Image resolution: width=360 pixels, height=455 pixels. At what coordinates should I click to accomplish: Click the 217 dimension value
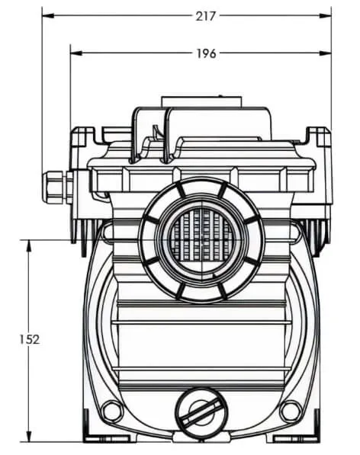coord(205,16)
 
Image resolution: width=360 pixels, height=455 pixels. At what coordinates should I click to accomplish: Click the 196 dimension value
coord(207,53)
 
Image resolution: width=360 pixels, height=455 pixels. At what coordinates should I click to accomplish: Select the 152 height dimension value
coord(29,339)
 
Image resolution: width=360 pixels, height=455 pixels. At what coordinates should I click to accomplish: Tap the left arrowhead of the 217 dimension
coord(48,16)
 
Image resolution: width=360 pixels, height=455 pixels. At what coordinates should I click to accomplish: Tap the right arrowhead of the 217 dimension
coord(326,16)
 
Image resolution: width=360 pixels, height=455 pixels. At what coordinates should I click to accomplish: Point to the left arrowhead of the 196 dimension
coord(76,53)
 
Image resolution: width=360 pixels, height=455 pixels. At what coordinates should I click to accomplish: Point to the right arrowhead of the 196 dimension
coord(326,53)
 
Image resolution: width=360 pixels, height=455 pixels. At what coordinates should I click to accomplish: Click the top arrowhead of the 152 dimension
coord(29,245)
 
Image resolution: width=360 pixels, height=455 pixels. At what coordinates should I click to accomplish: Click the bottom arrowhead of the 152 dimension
coord(29,436)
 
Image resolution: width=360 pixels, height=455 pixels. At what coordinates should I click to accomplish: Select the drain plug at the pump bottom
coord(201,412)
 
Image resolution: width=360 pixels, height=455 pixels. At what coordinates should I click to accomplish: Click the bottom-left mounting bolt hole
coord(113,411)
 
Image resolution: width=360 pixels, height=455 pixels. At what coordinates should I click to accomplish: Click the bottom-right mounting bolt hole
coord(291,411)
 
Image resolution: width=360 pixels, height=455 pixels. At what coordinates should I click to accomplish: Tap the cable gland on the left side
coord(57,187)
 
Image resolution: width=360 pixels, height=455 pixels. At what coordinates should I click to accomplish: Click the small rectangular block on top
coord(201,102)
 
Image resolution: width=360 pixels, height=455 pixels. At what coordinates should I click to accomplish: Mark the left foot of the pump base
coord(111,437)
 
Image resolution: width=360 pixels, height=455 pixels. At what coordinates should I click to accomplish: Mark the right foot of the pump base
coord(293,437)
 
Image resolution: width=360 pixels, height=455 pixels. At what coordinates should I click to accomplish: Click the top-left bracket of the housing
coord(83,136)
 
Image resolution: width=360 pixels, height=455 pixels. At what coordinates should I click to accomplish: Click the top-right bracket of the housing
coord(318,136)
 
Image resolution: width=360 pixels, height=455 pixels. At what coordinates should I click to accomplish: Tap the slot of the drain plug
coord(201,412)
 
